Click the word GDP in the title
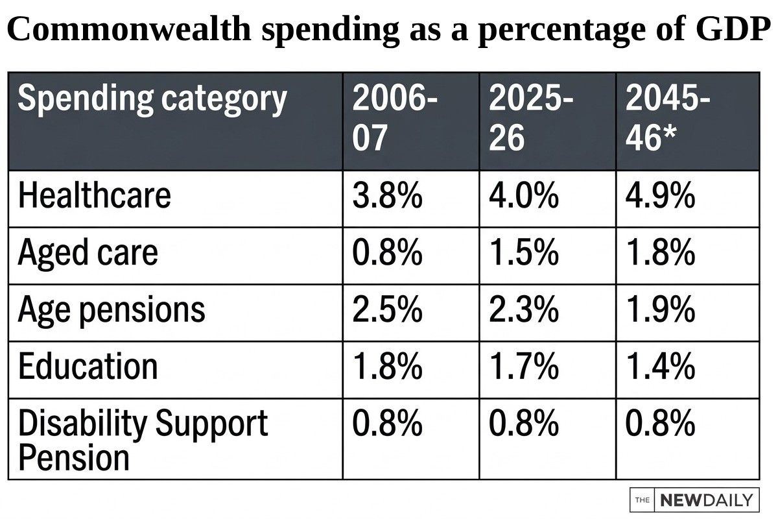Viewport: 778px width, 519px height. pos(733,29)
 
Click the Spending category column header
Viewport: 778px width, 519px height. pos(152,100)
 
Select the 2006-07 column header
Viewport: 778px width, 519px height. pos(395,118)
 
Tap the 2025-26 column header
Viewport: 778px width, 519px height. pos(531,118)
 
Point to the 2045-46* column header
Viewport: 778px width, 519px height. pos(668,118)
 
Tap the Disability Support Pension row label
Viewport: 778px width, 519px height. pos(143,440)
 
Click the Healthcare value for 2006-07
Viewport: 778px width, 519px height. pos(387,195)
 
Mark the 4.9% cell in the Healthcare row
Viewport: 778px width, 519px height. pos(660,195)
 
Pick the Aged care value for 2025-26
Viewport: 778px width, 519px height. pos(524,252)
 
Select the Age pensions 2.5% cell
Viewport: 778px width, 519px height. pos(387,309)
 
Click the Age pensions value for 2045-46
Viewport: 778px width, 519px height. pos(660,309)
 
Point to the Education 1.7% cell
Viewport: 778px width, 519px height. pos(524,367)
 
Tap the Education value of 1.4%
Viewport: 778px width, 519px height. pos(660,367)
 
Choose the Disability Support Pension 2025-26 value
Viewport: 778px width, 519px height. pos(524,423)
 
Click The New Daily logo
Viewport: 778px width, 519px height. pos(694,500)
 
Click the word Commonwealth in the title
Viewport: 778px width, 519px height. pos(129,29)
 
